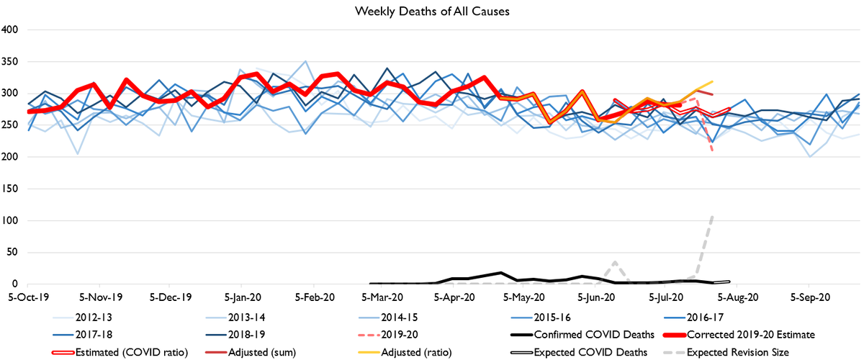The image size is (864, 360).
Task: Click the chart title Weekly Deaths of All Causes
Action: point(431,12)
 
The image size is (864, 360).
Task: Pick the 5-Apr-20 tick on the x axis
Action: point(454,295)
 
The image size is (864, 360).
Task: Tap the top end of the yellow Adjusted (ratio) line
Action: point(712,82)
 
